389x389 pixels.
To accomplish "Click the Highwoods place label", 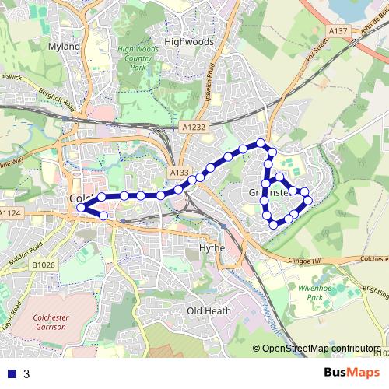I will [x=189, y=41].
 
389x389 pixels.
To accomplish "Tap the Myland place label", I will [x=65, y=47].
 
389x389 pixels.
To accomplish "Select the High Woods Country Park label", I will [x=138, y=58].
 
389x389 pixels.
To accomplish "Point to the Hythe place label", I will [x=212, y=247].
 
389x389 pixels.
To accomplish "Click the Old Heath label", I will [x=209, y=311].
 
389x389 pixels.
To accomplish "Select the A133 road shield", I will [x=179, y=173].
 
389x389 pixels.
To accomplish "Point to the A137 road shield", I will [x=338, y=30].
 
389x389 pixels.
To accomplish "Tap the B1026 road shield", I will [x=44, y=265].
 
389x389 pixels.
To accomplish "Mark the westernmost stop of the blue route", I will [x=81, y=207].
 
